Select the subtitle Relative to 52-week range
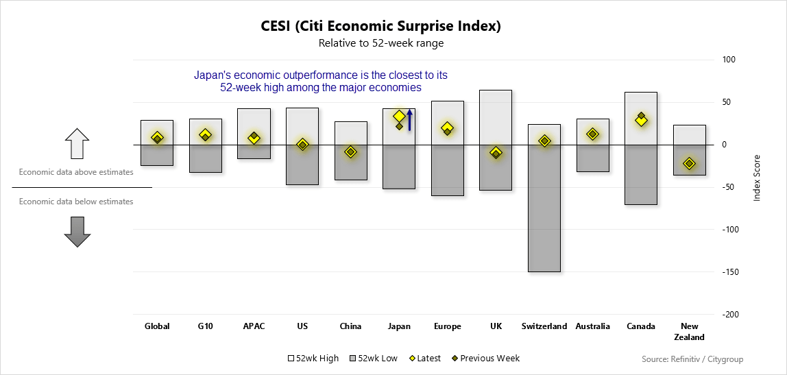pos(381,43)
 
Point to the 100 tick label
pos(729,60)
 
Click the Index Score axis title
pos(758,178)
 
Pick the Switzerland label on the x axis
pos(544,326)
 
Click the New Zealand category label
pos(689,332)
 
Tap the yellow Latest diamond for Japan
pos(399,117)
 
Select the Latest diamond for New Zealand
pos(689,163)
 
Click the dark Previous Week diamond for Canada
pos(641,116)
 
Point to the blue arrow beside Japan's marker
pos(409,120)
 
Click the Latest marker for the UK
pos(496,153)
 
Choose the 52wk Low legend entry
pos(374,359)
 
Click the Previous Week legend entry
pos(485,359)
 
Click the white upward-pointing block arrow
pos(77,143)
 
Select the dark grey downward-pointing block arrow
pos(77,232)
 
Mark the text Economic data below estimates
pos(76,202)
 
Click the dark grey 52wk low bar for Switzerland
pos(544,208)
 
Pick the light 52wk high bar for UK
pos(496,117)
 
